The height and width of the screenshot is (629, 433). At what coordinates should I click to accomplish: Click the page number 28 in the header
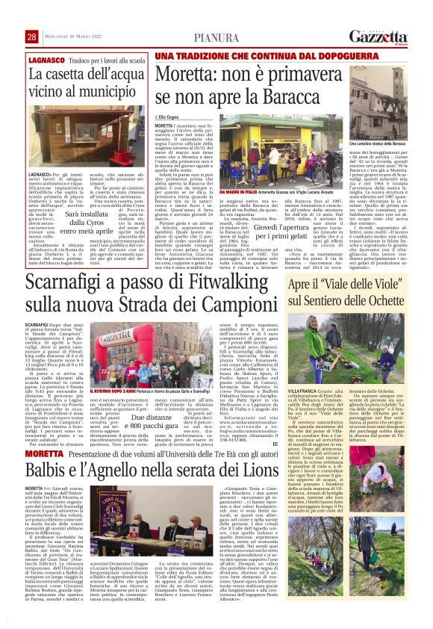click(x=32, y=37)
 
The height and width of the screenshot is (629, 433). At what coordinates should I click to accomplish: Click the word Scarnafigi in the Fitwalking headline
click(x=69, y=284)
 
